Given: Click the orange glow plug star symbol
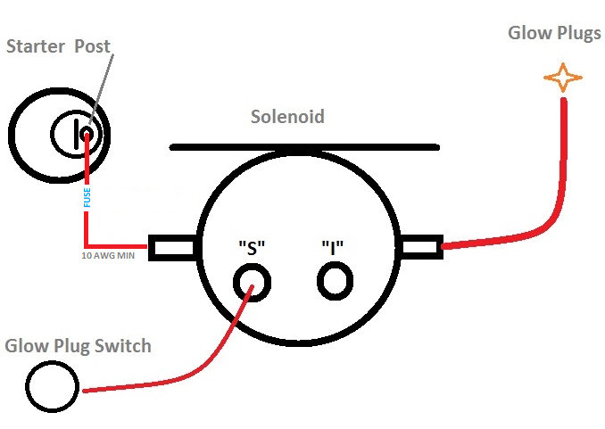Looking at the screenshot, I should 562,78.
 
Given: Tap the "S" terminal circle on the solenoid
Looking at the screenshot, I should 252,283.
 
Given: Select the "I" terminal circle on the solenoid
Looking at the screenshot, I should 335,282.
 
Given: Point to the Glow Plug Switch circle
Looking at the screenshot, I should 52,386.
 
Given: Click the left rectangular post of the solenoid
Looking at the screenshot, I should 172,247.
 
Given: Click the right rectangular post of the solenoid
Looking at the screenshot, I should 419,246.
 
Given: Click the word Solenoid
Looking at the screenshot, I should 286,117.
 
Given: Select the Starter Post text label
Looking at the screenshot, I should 58,46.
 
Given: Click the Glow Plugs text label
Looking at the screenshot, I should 554,34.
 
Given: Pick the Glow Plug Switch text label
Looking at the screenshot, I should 78,345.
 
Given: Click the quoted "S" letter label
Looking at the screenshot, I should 252,248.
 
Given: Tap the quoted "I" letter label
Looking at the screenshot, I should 334,248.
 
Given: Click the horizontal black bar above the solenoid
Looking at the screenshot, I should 304,146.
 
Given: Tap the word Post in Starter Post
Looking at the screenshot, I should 92,46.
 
